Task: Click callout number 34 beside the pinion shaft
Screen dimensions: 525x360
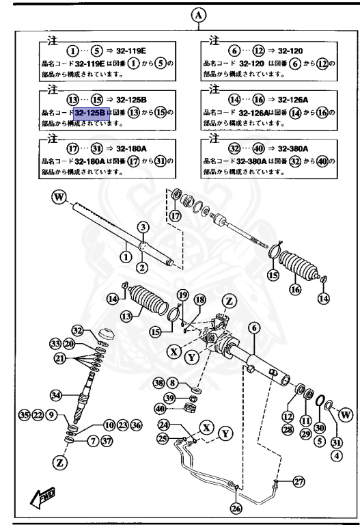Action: coord(56,394)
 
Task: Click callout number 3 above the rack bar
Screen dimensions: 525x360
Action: coord(143,226)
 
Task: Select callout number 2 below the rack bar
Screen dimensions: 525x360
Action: coord(143,267)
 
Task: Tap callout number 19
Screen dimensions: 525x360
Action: coord(182,295)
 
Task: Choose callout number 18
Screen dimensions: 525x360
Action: coord(199,301)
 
